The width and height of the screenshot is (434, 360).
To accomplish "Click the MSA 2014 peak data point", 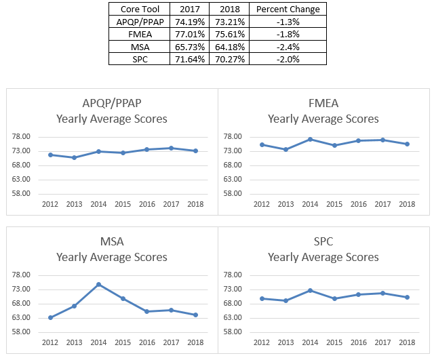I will [98, 284].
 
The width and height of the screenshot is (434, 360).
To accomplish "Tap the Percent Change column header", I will [288, 9].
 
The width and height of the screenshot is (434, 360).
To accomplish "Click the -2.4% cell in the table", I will [288, 46].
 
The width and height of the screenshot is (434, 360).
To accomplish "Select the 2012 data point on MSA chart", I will [50, 317].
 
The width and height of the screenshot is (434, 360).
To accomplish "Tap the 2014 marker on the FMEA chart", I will [310, 139].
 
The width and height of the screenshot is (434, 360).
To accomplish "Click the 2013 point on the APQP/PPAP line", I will [74, 157].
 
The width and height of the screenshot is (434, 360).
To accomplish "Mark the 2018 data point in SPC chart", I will [407, 297].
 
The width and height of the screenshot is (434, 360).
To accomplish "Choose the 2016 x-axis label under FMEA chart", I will [359, 203].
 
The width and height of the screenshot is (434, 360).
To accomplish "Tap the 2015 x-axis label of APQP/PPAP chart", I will [123, 203].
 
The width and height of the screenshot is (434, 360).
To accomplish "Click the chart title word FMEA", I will [323, 104].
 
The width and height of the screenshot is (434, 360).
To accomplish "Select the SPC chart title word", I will [323, 241].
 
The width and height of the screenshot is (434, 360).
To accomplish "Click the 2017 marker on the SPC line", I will [382, 293].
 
